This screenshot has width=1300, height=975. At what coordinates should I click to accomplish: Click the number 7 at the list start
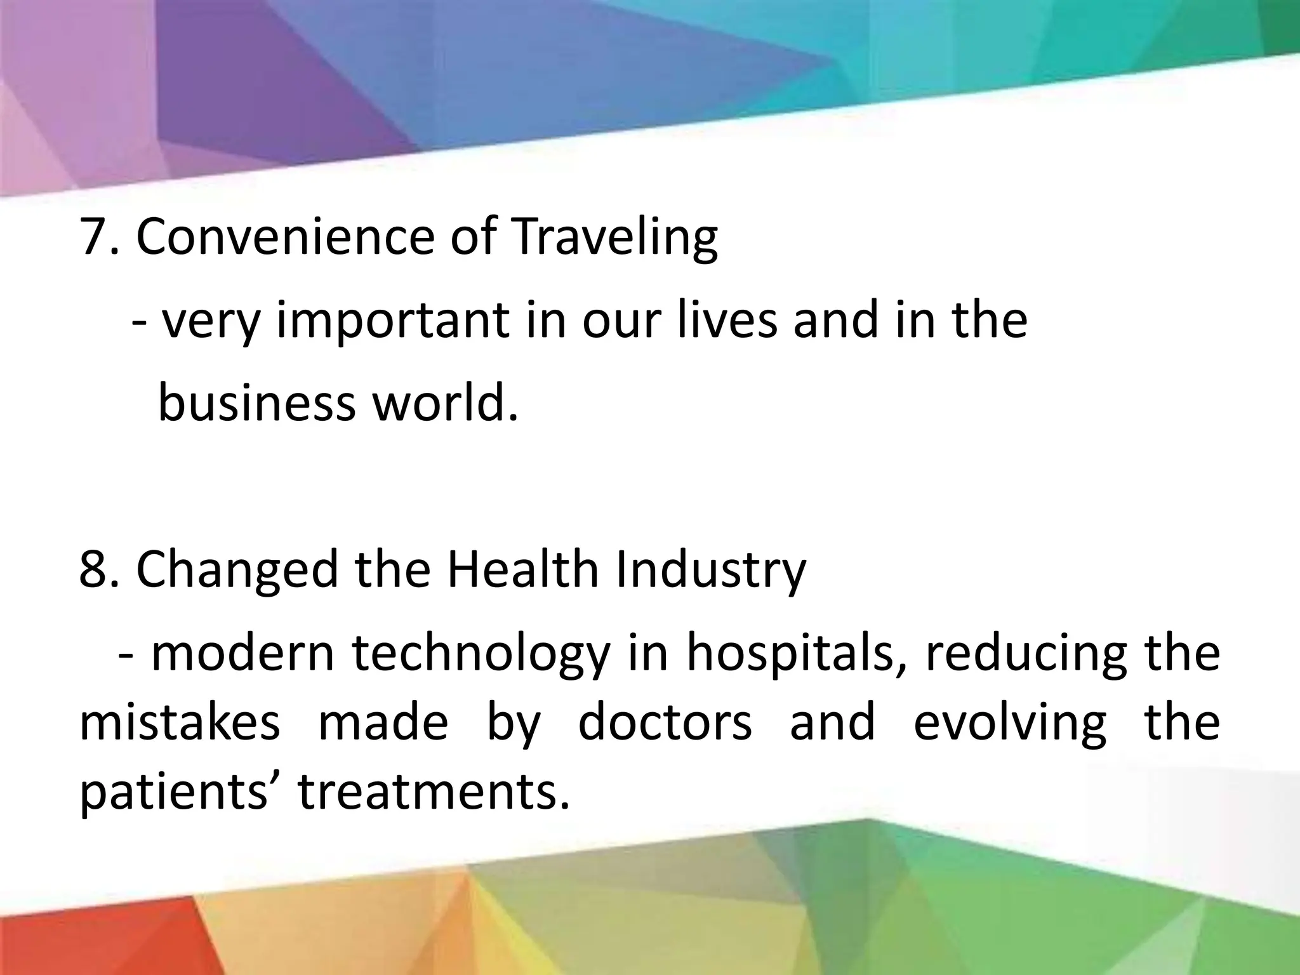click(94, 237)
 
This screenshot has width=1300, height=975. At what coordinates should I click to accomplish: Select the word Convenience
click(285, 237)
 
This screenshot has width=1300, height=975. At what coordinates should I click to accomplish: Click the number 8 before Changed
click(94, 569)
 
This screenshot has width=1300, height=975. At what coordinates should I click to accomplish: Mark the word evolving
click(1010, 723)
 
